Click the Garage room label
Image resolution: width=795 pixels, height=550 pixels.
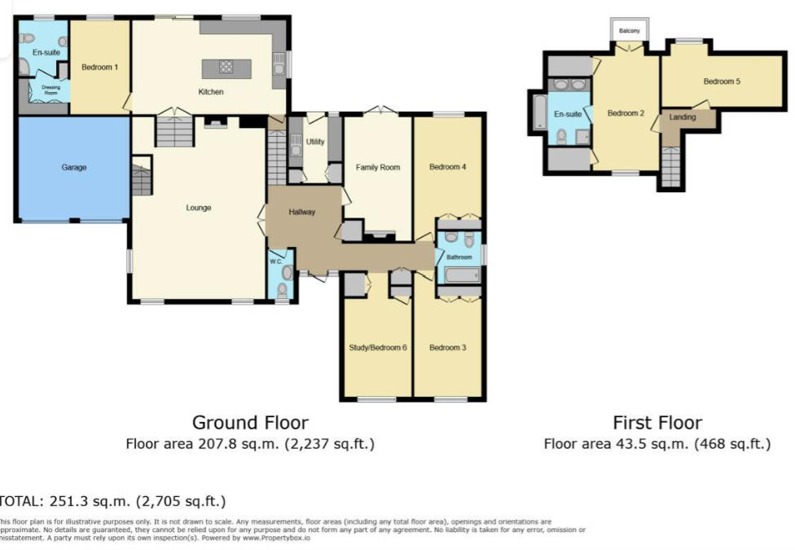[x=73, y=168]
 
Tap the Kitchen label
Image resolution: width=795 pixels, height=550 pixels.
[x=210, y=92]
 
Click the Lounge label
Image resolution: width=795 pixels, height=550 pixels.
[x=198, y=208]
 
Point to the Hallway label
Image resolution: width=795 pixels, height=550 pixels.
[x=301, y=212]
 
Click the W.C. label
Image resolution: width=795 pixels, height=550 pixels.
[x=275, y=262]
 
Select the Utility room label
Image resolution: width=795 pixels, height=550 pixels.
[x=315, y=142]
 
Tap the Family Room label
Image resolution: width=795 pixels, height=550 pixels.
[x=378, y=168]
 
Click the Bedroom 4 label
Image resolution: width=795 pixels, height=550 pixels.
[x=447, y=168]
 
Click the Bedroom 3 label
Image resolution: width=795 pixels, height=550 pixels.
[x=447, y=348]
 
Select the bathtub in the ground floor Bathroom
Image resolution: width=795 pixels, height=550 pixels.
[x=460, y=275]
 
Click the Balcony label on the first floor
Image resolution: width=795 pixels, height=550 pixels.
[x=629, y=31]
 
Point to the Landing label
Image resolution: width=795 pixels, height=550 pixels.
[x=682, y=117]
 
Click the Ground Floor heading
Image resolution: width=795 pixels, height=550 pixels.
[x=250, y=423]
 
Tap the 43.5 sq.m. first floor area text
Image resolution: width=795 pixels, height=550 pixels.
[x=657, y=444]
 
